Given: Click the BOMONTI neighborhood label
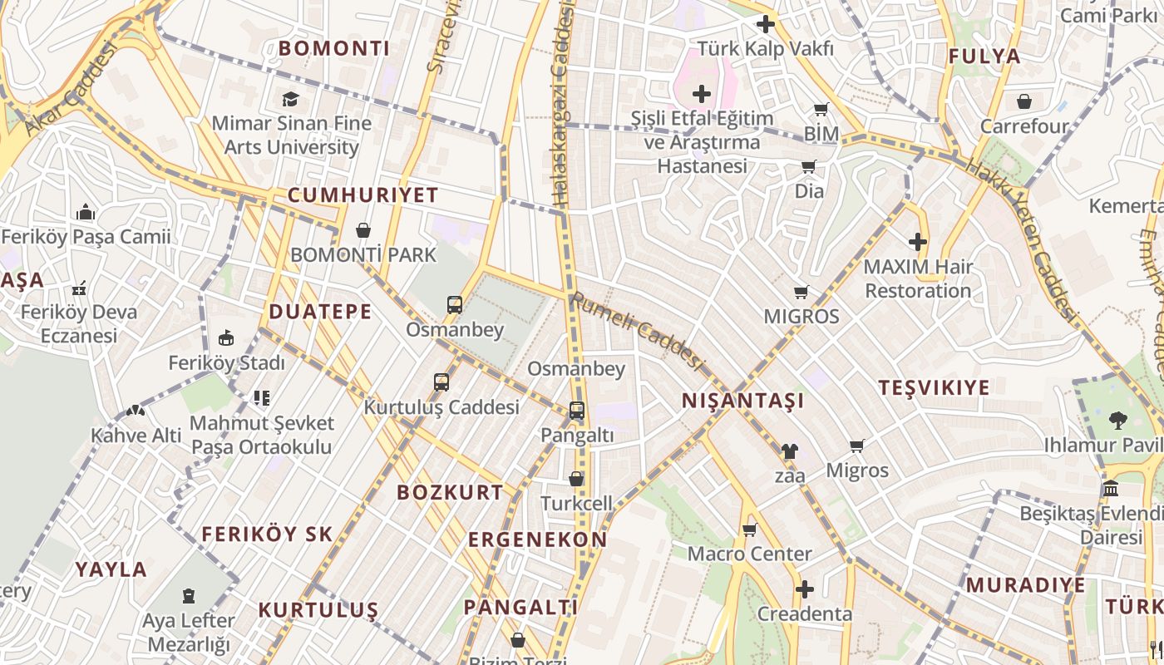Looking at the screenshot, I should click(x=334, y=48).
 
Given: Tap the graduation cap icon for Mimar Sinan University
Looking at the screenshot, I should click(x=290, y=100).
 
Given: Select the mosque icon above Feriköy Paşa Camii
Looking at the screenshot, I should click(x=86, y=213).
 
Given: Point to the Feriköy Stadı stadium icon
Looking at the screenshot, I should click(x=226, y=338).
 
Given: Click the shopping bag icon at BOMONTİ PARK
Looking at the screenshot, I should click(x=363, y=230).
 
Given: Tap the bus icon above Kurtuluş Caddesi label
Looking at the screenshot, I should click(x=441, y=382).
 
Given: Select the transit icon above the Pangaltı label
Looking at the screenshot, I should click(x=577, y=411).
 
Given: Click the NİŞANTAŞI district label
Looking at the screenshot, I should click(x=742, y=401).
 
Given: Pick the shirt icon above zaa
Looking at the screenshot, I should click(x=789, y=451).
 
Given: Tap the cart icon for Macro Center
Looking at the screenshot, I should click(x=749, y=530).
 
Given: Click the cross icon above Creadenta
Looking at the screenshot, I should click(x=804, y=589).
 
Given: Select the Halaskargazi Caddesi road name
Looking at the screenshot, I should click(x=564, y=104).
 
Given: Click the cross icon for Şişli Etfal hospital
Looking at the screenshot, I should click(x=702, y=94).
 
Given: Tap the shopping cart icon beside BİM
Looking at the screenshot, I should click(x=821, y=110).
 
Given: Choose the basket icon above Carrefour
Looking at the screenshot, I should click(x=1024, y=101).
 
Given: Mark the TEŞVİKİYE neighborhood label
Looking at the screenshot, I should click(x=935, y=387).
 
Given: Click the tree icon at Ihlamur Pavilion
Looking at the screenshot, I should click(x=1118, y=421).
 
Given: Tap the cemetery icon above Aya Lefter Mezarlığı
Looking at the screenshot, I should click(x=189, y=596).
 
